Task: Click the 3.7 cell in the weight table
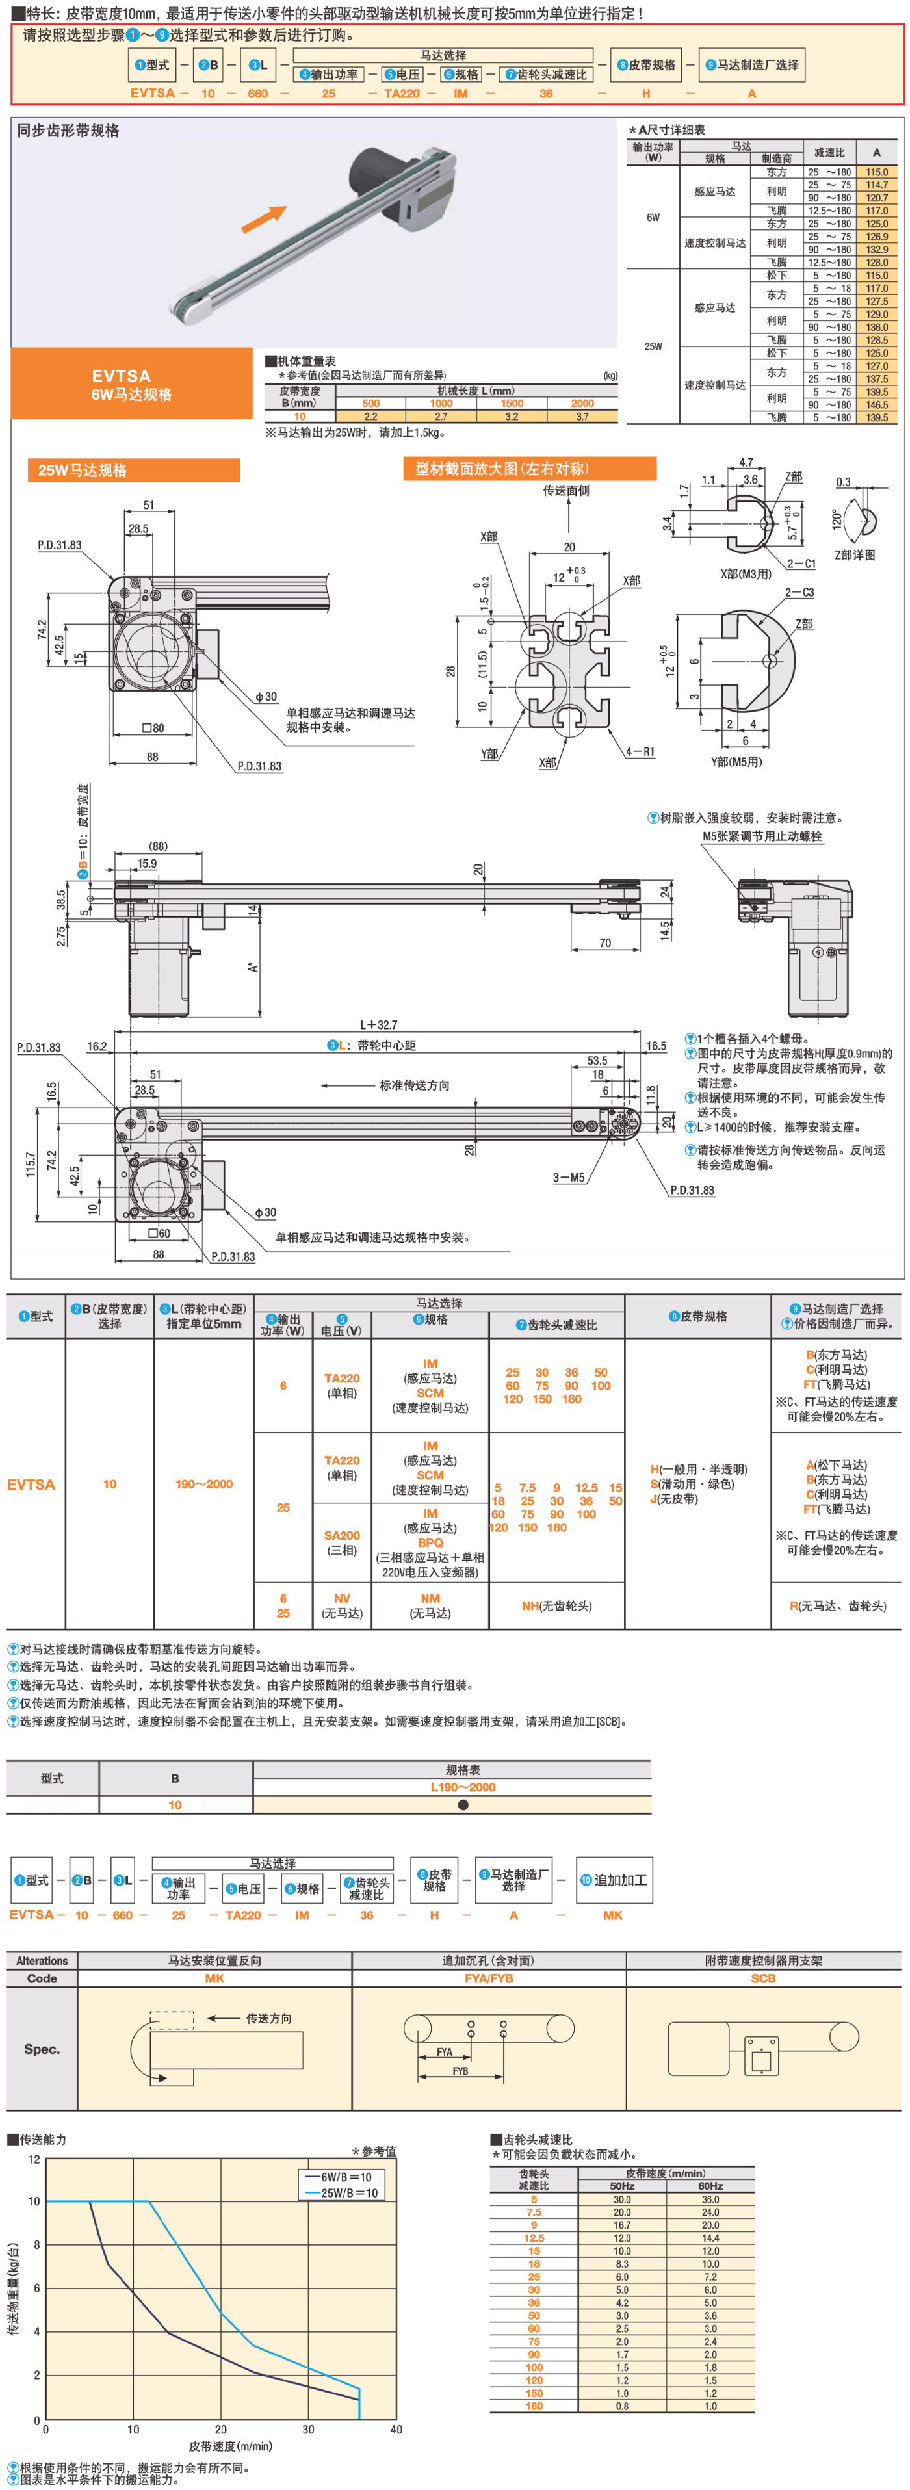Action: [582, 417]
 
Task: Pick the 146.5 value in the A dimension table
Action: [876, 405]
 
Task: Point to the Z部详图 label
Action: [855, 555]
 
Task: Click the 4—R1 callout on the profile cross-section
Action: [639, 751]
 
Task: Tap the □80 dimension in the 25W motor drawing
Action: [153, 728]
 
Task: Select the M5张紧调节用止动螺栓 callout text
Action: [762, 836]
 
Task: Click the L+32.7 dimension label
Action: [378, 1024]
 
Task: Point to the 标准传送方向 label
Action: [414, 1085]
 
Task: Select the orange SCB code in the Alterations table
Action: [763, 1978]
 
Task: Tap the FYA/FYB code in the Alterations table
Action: [488, 1978]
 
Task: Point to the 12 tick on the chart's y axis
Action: [34, 2159]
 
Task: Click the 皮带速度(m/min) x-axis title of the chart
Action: [230, 2446]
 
